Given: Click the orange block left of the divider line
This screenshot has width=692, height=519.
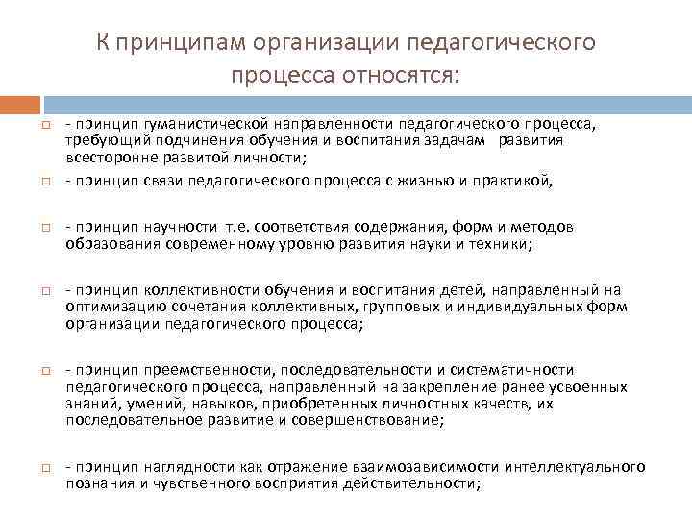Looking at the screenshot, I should pos(20,102).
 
